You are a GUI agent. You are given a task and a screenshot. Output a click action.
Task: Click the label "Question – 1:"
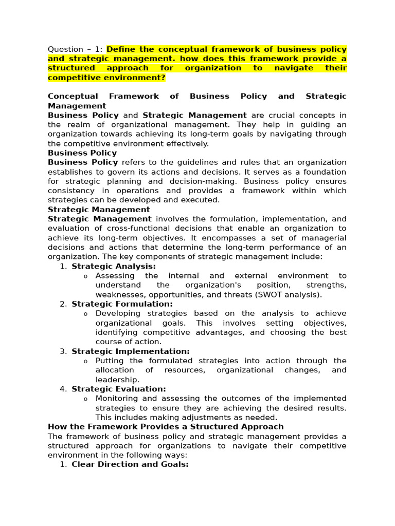pos(76,49)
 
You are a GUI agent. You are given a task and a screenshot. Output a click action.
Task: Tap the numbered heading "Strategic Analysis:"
pos(114,266)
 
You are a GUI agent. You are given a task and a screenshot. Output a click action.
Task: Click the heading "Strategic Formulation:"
pos(122,304)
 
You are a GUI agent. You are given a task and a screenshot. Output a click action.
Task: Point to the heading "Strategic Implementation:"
pos(131,351)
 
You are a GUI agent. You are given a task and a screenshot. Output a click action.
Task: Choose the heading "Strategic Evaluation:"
pos(119,389)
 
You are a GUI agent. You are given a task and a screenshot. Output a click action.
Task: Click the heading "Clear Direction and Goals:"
pos(130,464)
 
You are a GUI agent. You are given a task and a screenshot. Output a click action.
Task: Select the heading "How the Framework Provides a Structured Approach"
pos(166,427)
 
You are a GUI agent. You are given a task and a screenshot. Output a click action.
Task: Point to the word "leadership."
pos(117,380)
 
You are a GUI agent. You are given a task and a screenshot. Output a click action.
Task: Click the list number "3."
pos(63,351)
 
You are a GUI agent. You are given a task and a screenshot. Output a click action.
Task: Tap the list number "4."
pos(63,389)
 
